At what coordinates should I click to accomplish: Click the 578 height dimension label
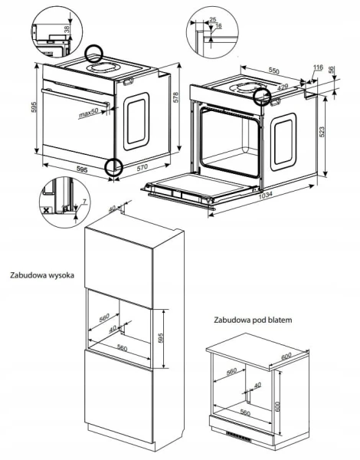click(175, 97)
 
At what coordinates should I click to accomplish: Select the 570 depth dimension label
click(142, 167)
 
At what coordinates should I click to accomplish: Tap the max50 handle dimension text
click(89, 113)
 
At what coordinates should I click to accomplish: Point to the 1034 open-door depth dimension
click(266, 195)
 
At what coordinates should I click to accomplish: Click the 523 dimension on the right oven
click(322, 132)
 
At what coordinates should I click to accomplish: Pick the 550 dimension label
click(274, 71)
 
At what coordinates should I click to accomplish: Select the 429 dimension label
click(283, 87)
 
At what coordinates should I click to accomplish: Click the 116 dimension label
click(318, 67)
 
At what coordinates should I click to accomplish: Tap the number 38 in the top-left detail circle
click(67, 29)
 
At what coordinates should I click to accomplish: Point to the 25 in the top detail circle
click(213, 20)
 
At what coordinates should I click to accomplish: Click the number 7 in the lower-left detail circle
click(84, 201)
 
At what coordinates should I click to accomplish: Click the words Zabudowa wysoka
click(42, 275)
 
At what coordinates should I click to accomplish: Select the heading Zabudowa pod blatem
click(253, 320)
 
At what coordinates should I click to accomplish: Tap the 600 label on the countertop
click(286, 356)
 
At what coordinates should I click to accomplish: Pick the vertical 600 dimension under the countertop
click(278, 406)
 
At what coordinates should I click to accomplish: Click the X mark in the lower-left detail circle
click(46, 210)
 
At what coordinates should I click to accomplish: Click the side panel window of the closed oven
click(136, 121)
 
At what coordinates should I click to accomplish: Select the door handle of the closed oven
click(75, 97)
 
